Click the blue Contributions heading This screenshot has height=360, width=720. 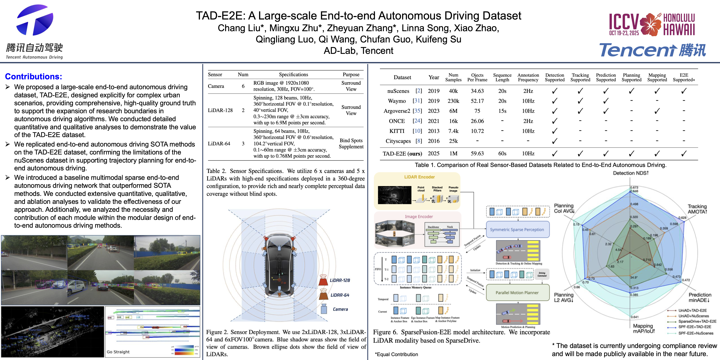34,77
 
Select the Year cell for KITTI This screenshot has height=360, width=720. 433,131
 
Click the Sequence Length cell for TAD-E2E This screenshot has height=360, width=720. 502,153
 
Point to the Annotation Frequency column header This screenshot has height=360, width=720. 528,77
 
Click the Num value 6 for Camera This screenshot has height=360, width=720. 243,86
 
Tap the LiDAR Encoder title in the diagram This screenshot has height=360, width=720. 419,177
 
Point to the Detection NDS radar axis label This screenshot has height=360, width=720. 631,173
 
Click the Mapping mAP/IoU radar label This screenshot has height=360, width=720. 643,328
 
